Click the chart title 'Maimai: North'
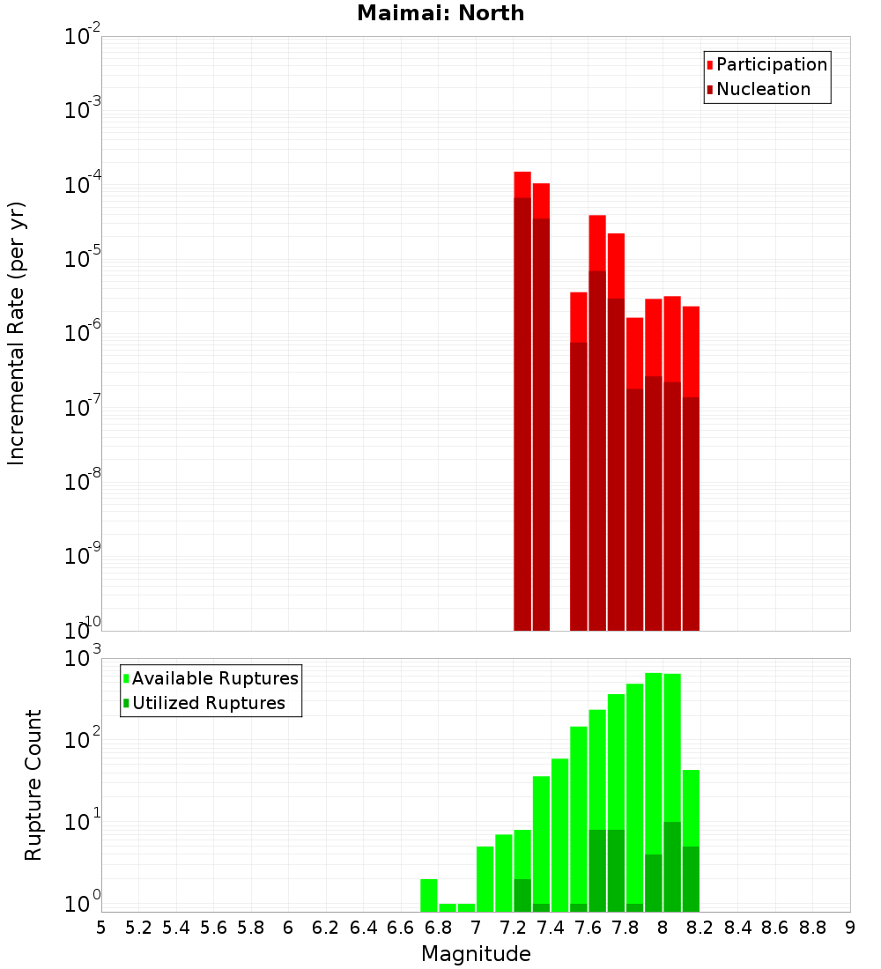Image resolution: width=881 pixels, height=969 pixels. pos(440,13)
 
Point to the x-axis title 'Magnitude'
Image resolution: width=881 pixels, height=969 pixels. pos(476,954)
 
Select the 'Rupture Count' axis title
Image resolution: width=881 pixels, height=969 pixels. pos(33,785)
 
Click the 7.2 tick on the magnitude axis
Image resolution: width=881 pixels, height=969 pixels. pos(513,928)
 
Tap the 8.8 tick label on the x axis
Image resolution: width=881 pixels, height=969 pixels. pos(812,928)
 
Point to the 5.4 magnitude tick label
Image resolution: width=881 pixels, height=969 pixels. pos(176,928)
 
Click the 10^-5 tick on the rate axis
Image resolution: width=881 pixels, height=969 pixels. pos(83,259)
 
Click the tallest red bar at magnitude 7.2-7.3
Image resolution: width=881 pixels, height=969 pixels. pos(522,396)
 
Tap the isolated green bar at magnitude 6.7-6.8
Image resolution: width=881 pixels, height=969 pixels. pos(429,895)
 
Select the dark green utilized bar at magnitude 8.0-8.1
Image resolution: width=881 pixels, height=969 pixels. pos(672,867)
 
